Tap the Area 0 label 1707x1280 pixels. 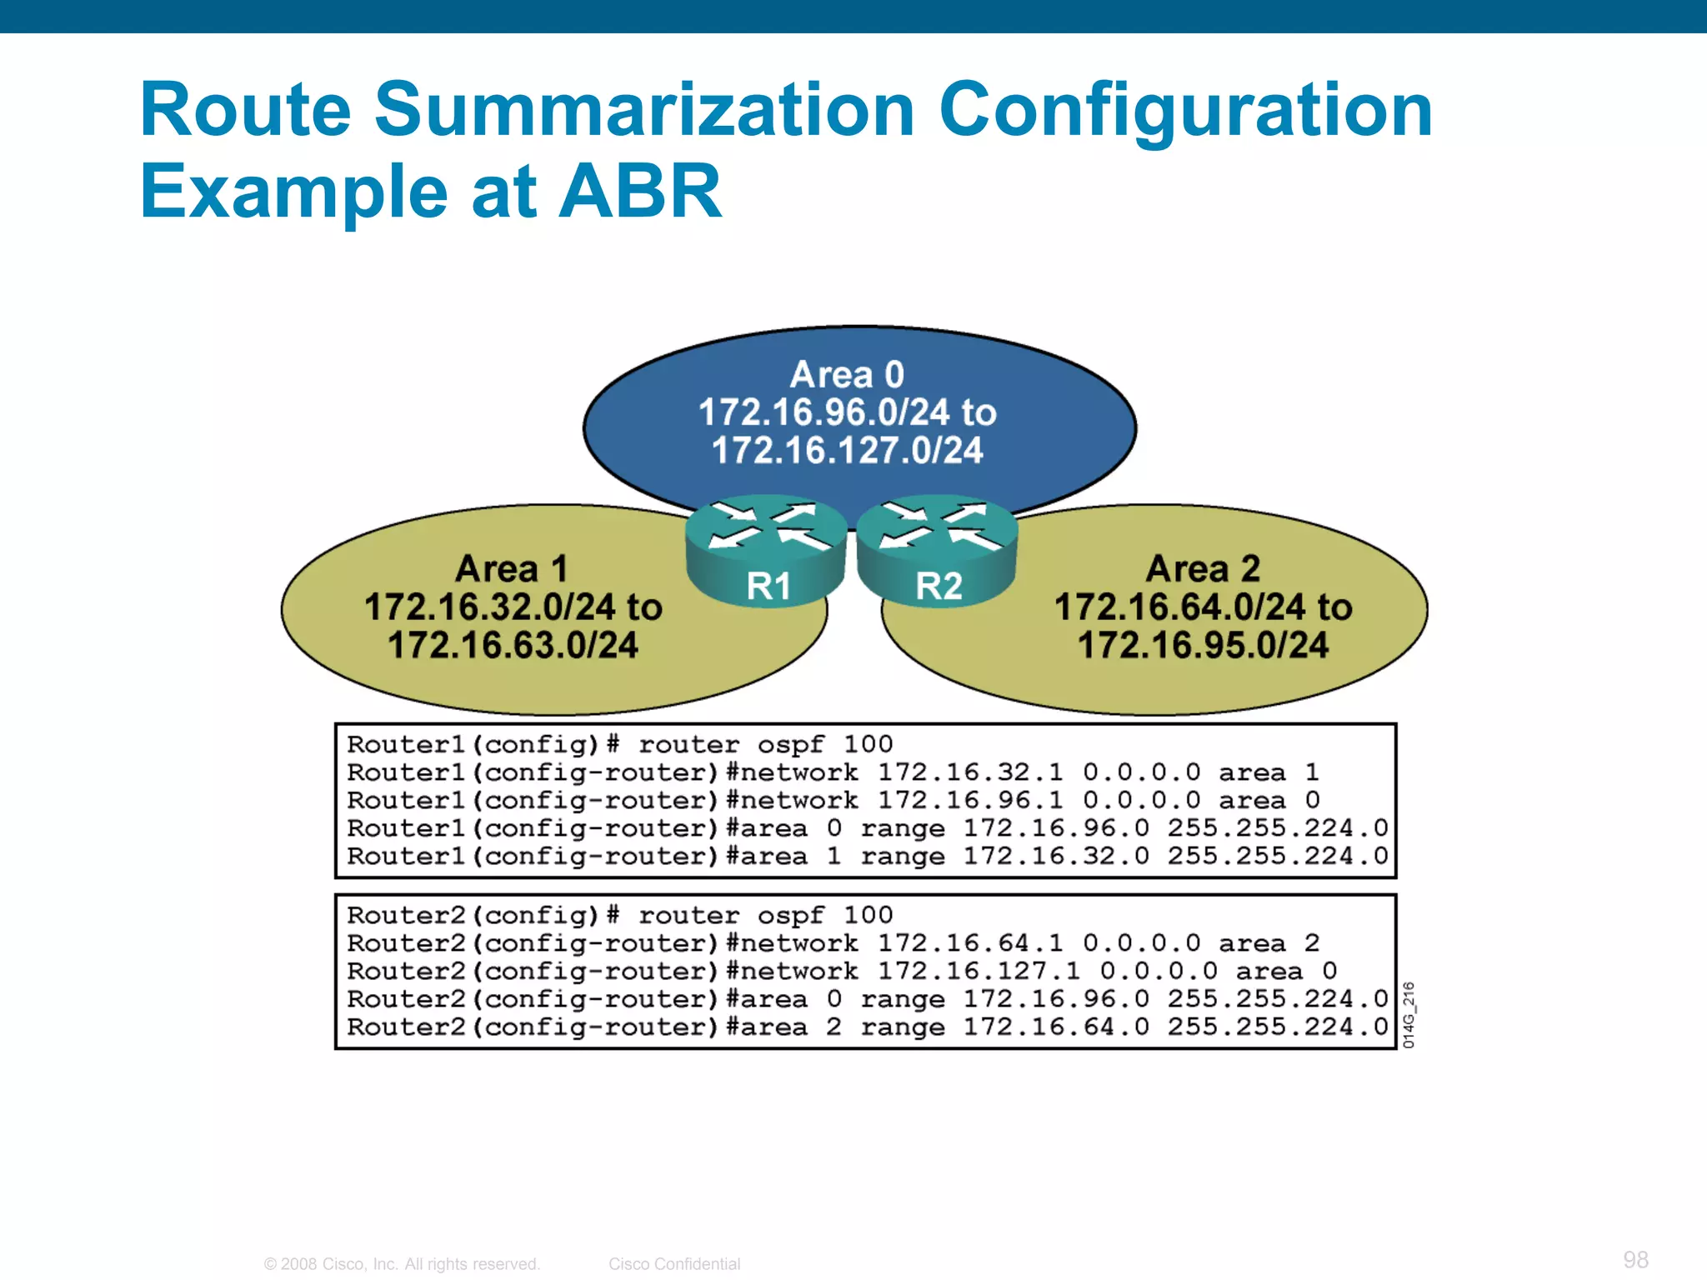click(847, 375)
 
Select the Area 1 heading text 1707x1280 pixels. click(512, 569)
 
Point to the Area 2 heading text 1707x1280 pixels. click(1203, 569)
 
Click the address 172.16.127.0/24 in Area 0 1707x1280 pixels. click(847, 451)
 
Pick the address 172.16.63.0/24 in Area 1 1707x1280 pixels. click(513, 645)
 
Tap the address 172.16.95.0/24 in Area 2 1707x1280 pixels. click(1203, 645)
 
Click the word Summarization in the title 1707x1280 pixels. click(644, 110)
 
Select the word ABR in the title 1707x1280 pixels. click(639, 192)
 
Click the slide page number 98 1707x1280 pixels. click(1635, 1259)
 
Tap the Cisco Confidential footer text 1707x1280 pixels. click(673, 1264)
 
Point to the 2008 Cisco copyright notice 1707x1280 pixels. click(402, 1264)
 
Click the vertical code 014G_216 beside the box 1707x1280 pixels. click(1408, 1014)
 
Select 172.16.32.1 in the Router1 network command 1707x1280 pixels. click(970, 772)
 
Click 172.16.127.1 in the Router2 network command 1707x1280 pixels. click(979, 971)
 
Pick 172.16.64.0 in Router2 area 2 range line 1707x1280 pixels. click(1056, 1027)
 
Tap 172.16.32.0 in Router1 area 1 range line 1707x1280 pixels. click(1056, 856)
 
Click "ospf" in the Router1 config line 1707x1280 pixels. click(790, 744)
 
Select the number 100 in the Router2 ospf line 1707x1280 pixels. click(868, 915)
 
